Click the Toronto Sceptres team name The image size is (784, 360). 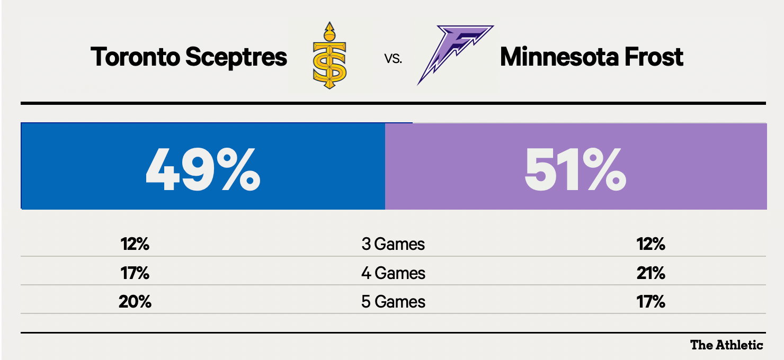coord(189,57)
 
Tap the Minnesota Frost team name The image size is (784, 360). coord(591,57)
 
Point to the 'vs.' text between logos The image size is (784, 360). coord(393,59)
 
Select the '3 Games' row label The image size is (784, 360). coord(393,244)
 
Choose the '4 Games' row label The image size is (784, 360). coord(393,273)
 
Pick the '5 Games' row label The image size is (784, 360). coord(393,302)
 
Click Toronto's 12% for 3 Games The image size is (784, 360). coord(135,244)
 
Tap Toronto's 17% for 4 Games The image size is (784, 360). coord(135,273)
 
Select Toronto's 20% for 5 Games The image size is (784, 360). coord(135,302)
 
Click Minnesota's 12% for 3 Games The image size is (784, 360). coord(651,244)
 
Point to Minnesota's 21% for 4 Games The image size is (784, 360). coord(651,273)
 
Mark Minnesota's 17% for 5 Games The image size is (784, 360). coord(651,302)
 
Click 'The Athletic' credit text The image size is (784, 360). coord(726,345)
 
